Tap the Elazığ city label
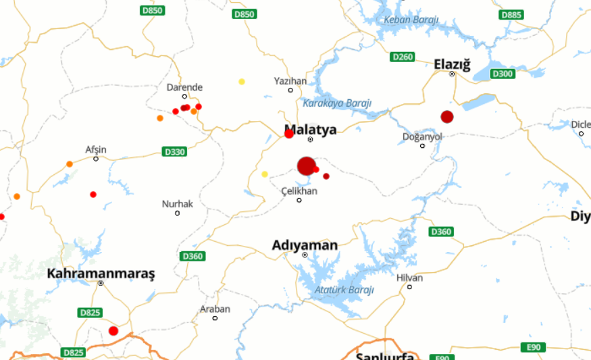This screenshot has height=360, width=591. point(451,63)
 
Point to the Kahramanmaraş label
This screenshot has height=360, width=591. point(101,274)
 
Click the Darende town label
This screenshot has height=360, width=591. point(184,87)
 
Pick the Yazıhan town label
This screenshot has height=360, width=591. point(290,81)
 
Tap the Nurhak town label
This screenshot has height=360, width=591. point(177,203)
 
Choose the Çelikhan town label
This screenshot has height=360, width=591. point(299,191)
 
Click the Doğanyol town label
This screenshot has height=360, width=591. point(422,136)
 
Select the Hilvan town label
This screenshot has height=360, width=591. point(409,278)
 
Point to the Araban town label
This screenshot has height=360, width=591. point(215,309)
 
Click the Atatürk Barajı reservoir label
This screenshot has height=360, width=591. point(344,290)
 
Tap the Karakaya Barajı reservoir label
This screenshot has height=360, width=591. point(337,103)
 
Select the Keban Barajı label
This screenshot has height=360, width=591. point(411,20)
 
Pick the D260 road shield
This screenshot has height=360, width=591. point(403,57)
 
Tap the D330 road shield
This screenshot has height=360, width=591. point(174,152)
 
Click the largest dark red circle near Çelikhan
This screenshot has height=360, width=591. point(307,166)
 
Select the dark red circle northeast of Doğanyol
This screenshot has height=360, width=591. point(446,117)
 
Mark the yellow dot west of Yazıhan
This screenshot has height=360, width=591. point(242,82)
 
